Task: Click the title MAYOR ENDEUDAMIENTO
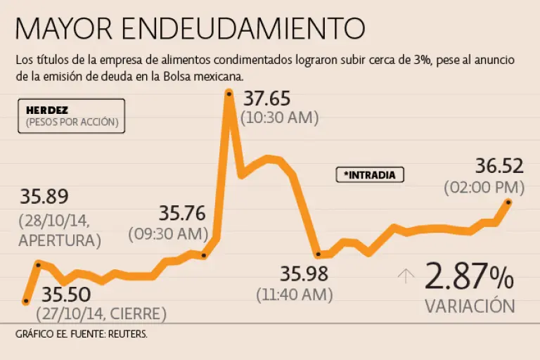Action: pos(190,28)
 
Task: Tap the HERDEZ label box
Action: pos(72,116)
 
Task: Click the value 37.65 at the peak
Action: pos(266,98)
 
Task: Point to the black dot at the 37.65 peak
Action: pos(229,92)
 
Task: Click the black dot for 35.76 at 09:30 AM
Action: pos(204,255)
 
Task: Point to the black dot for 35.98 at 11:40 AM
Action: pos(318,255)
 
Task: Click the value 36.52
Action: pos(499,167)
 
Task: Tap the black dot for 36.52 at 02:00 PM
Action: pos(508,202)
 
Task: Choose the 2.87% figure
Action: pos(469,278)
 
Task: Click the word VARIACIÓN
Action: pos(470,307)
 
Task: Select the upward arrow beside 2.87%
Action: pos(406,276)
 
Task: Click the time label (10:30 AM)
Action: pos(275,118)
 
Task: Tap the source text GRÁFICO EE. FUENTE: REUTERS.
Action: pos(82,334)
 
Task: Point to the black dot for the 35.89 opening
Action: pos(38,264)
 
